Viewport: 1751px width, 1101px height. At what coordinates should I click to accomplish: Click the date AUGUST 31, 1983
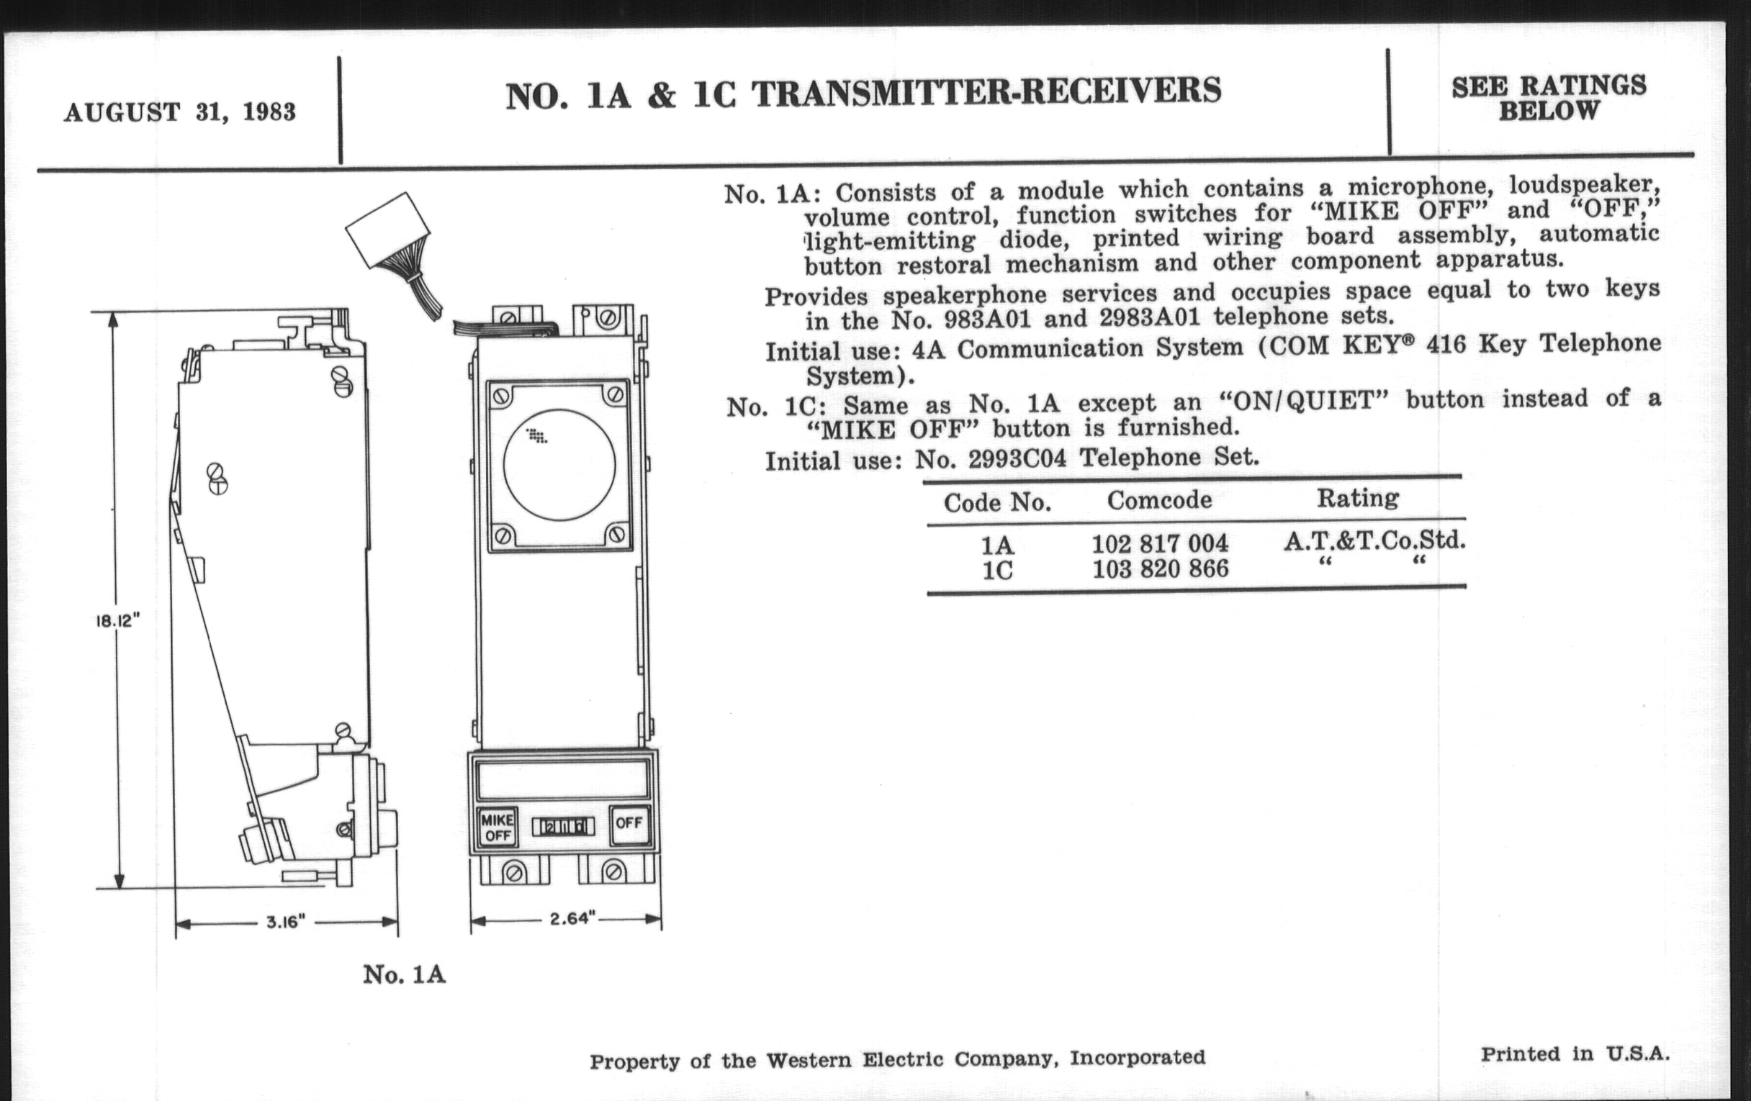[179, 113]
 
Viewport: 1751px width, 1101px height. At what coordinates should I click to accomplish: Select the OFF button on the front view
[629, 823]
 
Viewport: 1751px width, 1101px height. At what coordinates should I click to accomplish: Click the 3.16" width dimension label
[284, 923]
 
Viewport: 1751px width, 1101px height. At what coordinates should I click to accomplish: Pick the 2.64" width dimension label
[572, 919]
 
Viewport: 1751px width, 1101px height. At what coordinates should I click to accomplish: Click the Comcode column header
[1159, 500]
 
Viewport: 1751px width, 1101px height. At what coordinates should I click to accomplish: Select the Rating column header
[1358, 498]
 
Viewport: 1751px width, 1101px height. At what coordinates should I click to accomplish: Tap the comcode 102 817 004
[1160, 543]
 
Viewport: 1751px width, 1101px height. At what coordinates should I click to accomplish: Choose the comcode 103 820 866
[1161, 568]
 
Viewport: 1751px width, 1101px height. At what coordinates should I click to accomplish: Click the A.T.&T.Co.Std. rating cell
[1374, 540]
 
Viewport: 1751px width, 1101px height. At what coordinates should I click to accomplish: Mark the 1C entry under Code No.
[997, 571]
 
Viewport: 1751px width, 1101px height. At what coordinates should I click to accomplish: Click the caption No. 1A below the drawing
[404, 974]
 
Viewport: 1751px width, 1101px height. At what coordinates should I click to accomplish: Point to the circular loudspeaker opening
[559, 465]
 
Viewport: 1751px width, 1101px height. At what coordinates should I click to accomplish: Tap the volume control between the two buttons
[563, 827]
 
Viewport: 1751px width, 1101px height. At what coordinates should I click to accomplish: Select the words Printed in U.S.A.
[1575, 1054]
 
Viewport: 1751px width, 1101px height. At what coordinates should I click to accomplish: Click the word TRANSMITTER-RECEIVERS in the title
[986, 92]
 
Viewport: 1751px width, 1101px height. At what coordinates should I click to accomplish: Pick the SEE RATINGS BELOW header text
[1548, 98]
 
